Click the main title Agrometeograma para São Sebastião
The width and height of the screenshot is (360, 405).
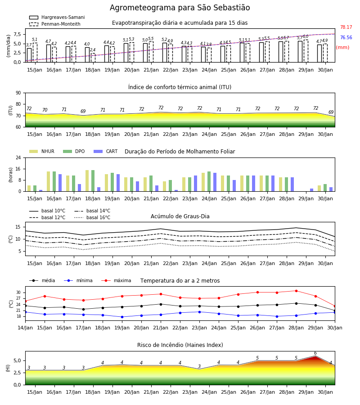pyautogui.click(x=180, y=8)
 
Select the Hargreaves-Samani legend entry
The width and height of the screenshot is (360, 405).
pyautogui.click(x=57, y=17)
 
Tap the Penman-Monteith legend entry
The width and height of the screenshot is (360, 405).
pyautogui.click(x=55, y=24)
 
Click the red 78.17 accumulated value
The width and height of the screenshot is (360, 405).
pyautogui.click(x=346, y=27)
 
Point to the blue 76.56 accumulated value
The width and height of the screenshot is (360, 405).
pyautogui.click(x=346, y=37)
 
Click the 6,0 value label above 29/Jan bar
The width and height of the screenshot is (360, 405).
pyautogui.click(x=306, y=36)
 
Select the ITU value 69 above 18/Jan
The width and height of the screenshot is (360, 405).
pyautogui.click(x=83, y=111)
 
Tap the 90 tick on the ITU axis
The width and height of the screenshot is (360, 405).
pyautogui.click(x=18, y=93)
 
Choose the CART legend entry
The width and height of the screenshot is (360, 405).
pyautogui.click(x=106, y=151)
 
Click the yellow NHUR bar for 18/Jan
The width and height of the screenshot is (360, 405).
pyautogui.click(x=87, y=181)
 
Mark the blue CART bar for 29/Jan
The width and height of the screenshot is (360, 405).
pyautogui.click(x=312, y=190)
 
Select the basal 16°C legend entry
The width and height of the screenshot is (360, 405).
pyautogui.click(x=92, y=217)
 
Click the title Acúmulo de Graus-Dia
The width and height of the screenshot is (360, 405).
pyautogui.click(x=180, y=216)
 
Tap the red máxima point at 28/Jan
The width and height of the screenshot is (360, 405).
pyautogui.click(x=296, y=291)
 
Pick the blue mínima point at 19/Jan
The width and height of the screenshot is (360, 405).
pyautogui.click(x=122, y=317)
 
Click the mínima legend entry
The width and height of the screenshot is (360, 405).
pyautogui.click(x=78, y=280)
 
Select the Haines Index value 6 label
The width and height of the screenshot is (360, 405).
pyautogui.click(x=315, y=353)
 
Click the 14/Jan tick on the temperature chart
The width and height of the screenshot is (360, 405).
pyautogui.click(x=25, y=328)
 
